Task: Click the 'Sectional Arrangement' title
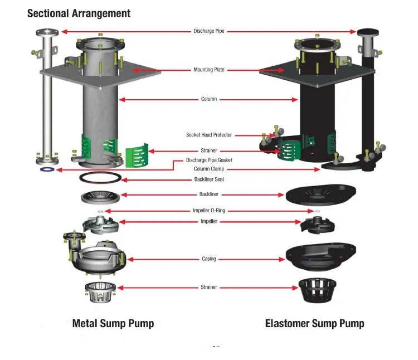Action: point(79,13)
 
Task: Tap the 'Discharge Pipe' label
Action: point(209,31)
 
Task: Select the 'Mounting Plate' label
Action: point(209,70)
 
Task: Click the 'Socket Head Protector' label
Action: point(209,135)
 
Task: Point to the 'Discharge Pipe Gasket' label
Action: point(209,160)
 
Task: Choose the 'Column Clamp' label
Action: point(209,169)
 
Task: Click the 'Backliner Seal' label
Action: point(209,179)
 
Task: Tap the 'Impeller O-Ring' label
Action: point(209,211)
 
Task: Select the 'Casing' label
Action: point(209,259)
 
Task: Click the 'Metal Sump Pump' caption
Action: point(113,323)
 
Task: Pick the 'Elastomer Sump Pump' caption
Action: point(314,323)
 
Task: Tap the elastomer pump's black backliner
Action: point(314,196)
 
